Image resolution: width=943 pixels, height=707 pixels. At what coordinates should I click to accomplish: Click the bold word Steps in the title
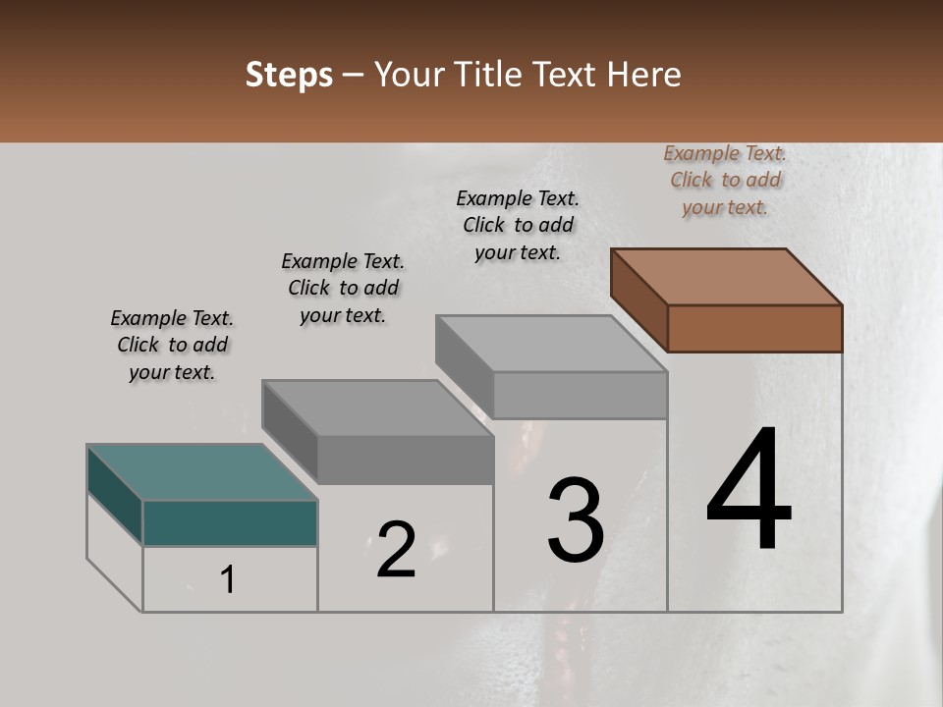[289, 75]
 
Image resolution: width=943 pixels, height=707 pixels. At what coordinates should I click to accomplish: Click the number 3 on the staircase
[576, 520]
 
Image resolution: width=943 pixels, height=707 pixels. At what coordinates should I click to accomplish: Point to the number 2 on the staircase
[396, 550]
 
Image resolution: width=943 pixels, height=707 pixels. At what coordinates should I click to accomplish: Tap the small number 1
[228, 580]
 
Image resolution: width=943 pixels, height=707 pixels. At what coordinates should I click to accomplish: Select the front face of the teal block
[230, 522]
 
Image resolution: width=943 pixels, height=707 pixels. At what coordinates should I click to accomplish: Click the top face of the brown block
[727, 277]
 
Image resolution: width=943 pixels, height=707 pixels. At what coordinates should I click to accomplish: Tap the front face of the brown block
[754, 328]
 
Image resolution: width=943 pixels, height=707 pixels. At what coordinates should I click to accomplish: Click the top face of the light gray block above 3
[552, 344]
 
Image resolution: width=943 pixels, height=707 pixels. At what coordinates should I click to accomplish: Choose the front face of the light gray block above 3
[580, 395]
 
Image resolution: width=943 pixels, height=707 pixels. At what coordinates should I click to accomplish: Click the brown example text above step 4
[725, 180]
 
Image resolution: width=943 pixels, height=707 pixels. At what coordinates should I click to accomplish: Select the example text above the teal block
[172, 345]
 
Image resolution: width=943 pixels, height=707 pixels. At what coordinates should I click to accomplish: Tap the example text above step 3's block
[518, 225]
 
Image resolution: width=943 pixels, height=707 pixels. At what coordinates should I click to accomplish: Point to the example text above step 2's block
[343, 288]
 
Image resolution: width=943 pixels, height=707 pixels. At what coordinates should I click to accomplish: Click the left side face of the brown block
[638, 299]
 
